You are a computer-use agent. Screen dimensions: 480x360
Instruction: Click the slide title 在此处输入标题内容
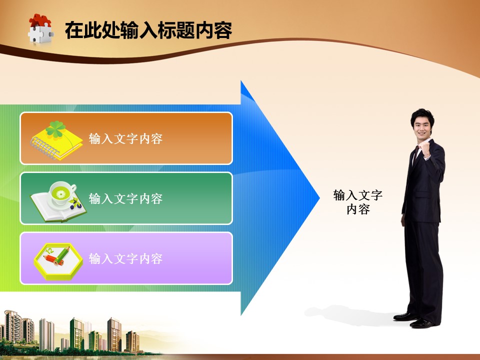pyautogui.click(x=148, y=30)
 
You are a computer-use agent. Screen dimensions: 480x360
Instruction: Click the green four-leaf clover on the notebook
pyautogui.click(x=55, y=129)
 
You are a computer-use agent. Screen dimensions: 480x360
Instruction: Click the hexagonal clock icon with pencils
pyautogui.click(x=58, y=261)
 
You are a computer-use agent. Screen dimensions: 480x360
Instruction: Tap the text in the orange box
pyautogui.click(x=125, y=138)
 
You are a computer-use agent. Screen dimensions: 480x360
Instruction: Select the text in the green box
pyautogui.click(x=125, y=198)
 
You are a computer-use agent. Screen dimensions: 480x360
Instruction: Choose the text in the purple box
pyautogui.click(x=125, y=258)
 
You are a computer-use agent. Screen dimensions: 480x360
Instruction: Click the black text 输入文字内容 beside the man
pyautogui.click(x=358, y=202)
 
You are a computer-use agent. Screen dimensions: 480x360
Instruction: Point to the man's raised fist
pyautogui.click(x=425, y=149)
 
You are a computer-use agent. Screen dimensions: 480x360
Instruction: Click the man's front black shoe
pyautogui.click(x=422, y=323)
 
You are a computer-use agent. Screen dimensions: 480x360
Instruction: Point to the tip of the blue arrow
pyautogui.click(x=319, y=198)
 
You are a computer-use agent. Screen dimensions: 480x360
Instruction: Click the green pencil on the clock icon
pyautogui.click(x=62, y=255)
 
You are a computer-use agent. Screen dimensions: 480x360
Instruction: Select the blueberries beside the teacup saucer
pyautogui.click(x=75, y=204)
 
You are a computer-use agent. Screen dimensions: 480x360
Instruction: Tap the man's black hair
pyautogui.click(x=422, y=115)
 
